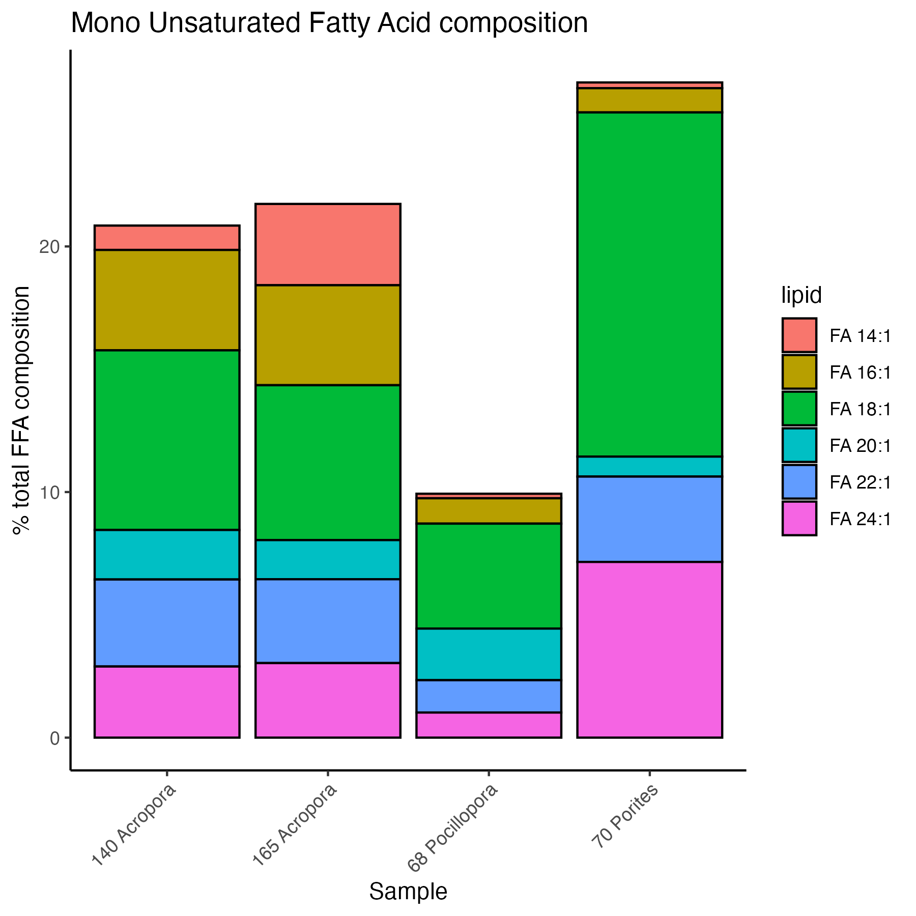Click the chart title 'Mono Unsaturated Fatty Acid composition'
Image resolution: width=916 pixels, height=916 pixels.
pyautogui.click(x=329, y=23)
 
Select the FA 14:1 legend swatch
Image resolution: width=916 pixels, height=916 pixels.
pyautogui.click(x=799, y=335)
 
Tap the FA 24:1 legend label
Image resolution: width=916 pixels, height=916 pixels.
pyautogui.click(x=860, y=519)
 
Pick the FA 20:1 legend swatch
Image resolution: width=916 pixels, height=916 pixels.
pyautogui.click(x=799, y=445)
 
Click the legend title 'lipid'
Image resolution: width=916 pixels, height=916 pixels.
pyautogui.click(x=801, y=296)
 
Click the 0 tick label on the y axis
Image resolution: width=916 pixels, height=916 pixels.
pyautogui.click(x=55, y=738)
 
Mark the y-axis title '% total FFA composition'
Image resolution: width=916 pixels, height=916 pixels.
pyautogui.click(x=21, y=410)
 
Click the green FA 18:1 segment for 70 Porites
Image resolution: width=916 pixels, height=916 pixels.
pyautogui.click(x=649, y=284)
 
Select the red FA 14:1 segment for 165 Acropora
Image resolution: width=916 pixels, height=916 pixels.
pyautogui.click(x=328, y=244)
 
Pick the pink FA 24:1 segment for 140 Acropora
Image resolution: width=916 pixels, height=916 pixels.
pyautogui.click(x=167, y=702)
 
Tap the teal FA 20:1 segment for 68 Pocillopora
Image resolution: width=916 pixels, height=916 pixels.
pyautogui.click(x=489, y=654)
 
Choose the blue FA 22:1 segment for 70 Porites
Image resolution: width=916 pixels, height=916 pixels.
pyautogui.click(x=649, y=519)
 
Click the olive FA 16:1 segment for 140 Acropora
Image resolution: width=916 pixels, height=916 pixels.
pyautogui.click(x=167, y=300)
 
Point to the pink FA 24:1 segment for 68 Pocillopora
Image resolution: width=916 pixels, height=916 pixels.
pyautogui.click(x=489, y=725)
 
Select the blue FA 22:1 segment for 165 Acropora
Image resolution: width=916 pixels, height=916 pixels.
pyautogui.click(x=328, y=621)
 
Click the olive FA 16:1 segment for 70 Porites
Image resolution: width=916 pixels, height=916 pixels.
pyautogui.click(x=649, y=100)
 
